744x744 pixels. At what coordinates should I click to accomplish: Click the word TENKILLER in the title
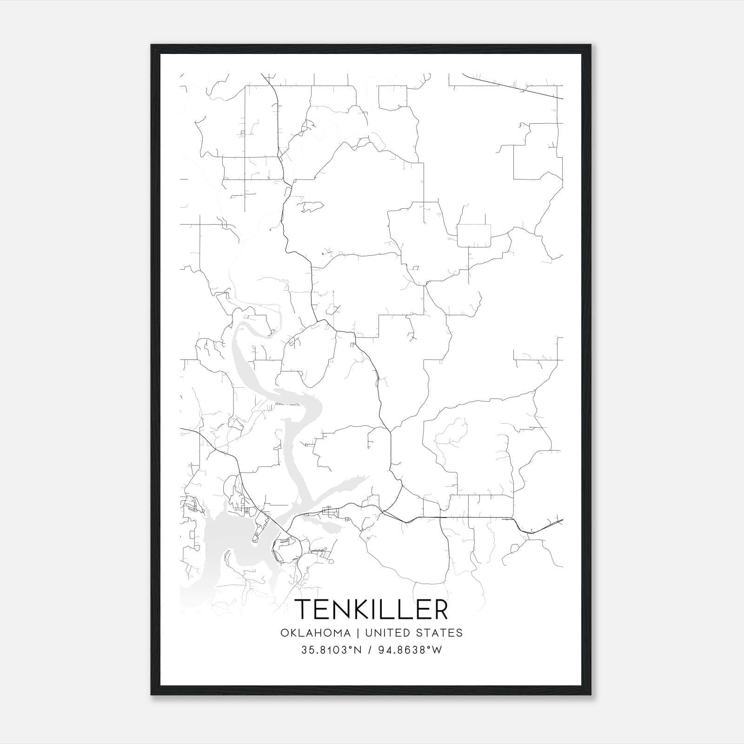coord(372,609)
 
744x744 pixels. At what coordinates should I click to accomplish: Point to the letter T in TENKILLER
coord(303,609)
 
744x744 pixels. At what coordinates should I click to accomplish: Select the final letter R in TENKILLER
coord(439,609)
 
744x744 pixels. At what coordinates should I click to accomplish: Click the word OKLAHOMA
coord(315,633)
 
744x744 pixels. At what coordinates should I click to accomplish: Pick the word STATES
coord(439,633)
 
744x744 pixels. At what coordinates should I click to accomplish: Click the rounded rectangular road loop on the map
coord(474,235)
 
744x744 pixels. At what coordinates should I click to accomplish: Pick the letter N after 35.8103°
coord(358,650)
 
